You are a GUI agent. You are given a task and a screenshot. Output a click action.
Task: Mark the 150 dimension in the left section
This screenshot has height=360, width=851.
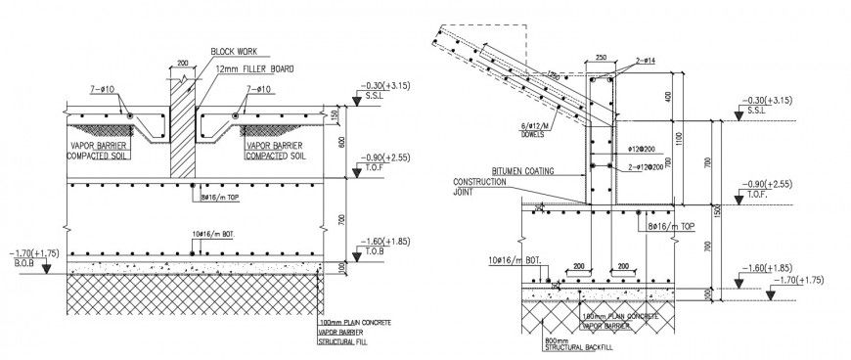point(336,116)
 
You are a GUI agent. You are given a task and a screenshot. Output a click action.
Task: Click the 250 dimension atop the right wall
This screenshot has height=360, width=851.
point(600,59)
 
